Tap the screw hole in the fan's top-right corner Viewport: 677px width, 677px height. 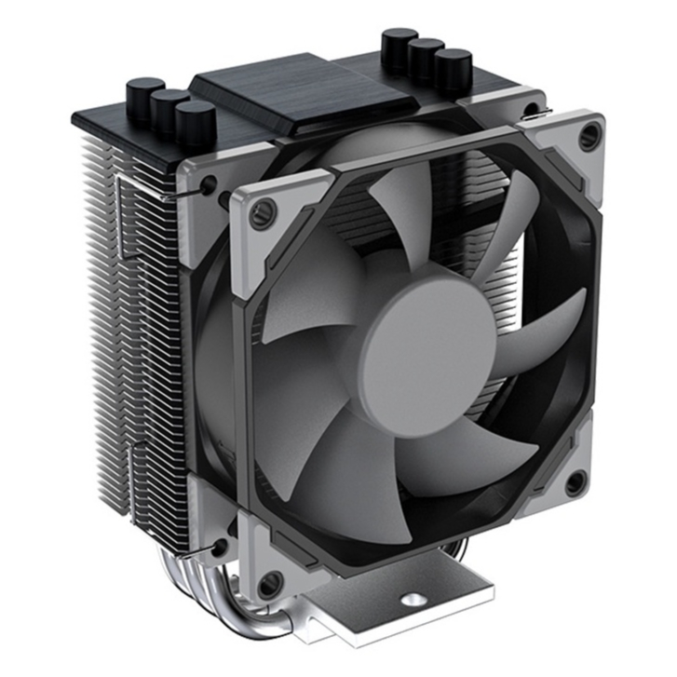[x=589, y=137]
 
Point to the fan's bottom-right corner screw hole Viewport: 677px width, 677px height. [x=575, y=482]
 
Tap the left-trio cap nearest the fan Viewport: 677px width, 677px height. [x=195, y=121]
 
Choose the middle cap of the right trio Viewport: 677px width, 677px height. [x=426, y=56]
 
